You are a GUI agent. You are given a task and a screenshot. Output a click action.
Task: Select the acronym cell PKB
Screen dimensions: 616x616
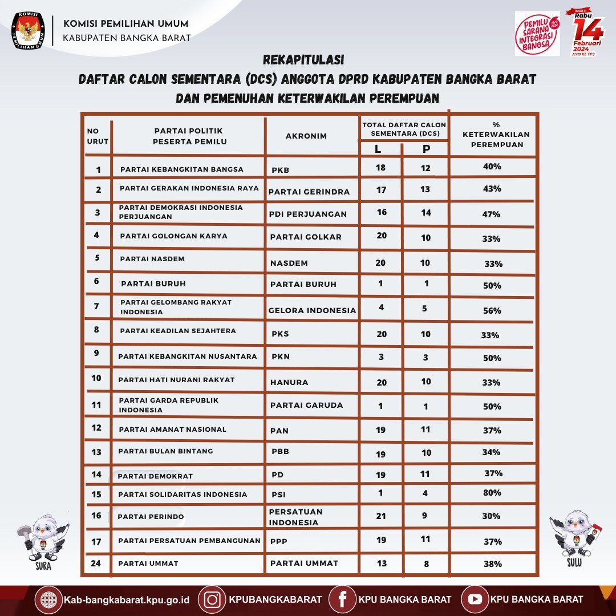tap(281, 169)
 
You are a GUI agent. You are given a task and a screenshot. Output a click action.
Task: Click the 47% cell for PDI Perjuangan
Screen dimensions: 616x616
tap(492, 214)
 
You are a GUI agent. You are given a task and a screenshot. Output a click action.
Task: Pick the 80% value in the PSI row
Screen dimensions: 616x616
tap(492, 493)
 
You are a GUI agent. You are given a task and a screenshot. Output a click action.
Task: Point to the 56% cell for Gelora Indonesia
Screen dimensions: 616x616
tap(492, 310)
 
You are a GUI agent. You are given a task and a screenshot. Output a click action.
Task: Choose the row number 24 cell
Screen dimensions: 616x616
tap(96, 563)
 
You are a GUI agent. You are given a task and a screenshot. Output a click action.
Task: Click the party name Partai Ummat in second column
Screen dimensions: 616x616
tap(148, 564)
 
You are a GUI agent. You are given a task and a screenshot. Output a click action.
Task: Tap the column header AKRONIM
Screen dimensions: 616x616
tap(306, 136)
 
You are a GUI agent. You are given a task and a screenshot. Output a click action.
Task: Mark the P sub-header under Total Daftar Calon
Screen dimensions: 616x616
tap(425, 149)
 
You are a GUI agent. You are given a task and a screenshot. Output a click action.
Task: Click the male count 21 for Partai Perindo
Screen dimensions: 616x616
tap(381, 516)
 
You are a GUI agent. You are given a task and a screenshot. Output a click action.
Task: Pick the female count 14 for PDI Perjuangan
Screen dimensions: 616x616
tap(425, 212)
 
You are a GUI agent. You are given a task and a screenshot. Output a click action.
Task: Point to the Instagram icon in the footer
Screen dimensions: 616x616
tap(213, 599)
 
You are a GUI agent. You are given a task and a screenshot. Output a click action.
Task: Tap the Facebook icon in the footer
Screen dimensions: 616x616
tap(343, 599)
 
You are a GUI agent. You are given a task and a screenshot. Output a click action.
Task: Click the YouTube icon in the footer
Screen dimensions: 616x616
tap(475, 599)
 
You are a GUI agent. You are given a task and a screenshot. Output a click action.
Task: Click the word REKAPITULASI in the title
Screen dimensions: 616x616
tap(303, 60)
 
